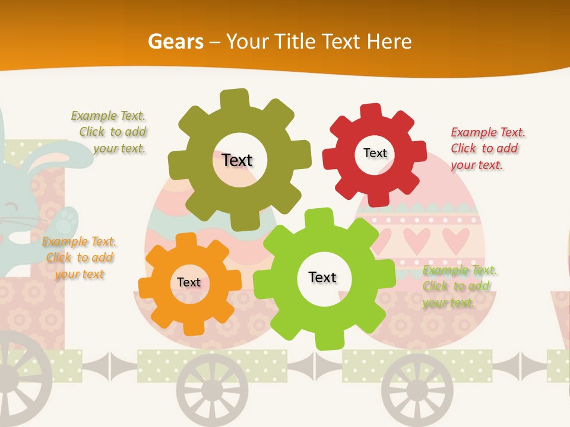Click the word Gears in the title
[175, 42]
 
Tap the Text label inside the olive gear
[237, 160]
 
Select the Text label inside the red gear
[375, 153]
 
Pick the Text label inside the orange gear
[189, 282]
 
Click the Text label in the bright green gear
[322, 277]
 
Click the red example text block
[487, 148]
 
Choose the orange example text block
[80, 257]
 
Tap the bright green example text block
[459, 286]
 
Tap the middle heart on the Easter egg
[417, 239]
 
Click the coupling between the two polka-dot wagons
[315, 365]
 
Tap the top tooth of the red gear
[371, 111]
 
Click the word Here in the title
[389, 42]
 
